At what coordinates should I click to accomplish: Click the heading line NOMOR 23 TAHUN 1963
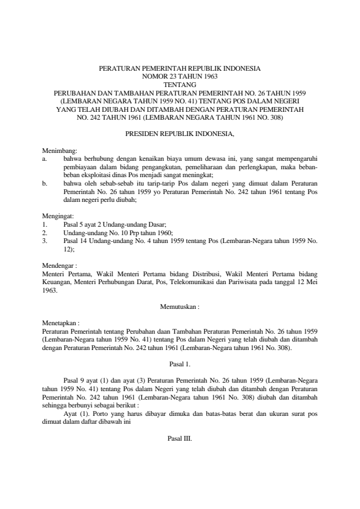pos(180,77)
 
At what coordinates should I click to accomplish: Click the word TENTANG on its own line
pos(180,85)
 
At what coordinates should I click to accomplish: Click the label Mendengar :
pos(59,265)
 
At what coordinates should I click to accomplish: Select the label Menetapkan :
pos(61,323)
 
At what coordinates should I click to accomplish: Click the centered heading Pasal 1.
pos(180,364)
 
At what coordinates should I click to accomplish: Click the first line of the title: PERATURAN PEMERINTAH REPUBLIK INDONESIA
pos(180,69)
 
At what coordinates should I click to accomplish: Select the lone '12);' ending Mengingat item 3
pos(69,248)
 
